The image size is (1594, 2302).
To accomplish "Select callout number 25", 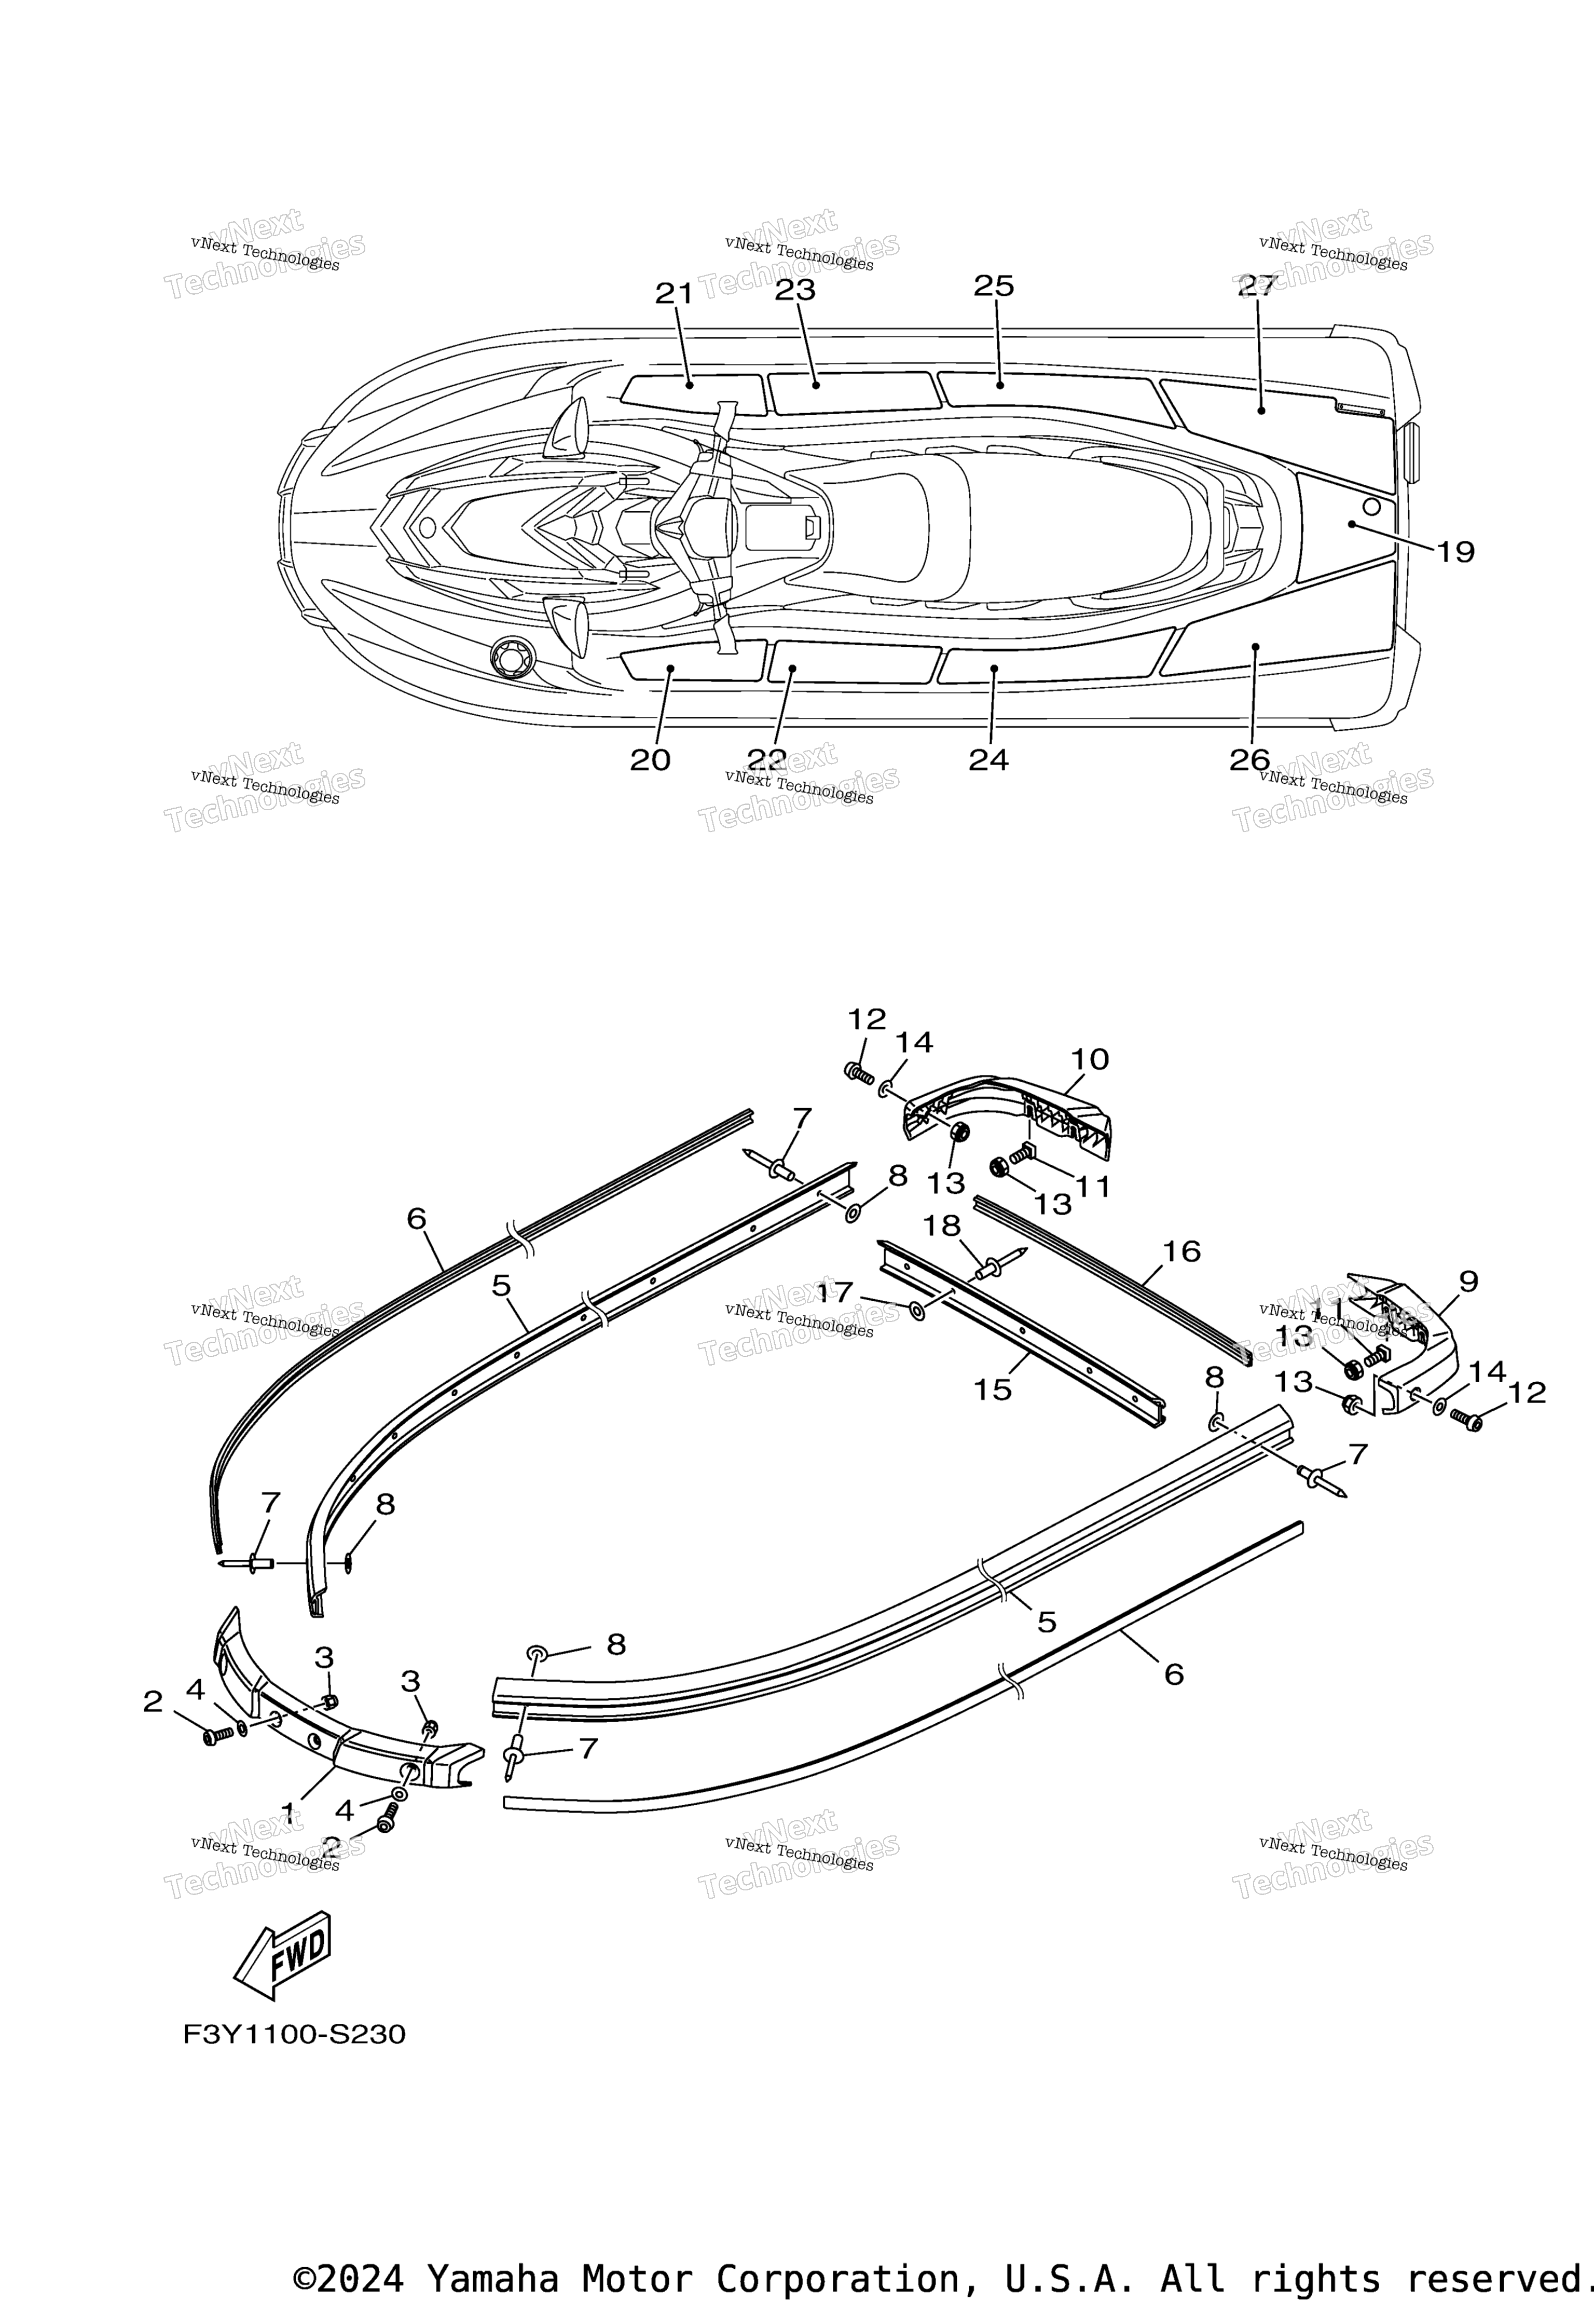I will [x=994, y=286].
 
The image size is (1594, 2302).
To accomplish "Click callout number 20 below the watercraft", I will [x=650, y=760].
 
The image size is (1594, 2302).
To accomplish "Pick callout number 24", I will [x=989, y=760].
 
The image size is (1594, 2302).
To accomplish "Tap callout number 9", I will [x=1468, y=1281].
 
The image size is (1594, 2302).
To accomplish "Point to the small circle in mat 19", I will [x=1371, y=507].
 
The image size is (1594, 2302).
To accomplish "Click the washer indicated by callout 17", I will [x=917, y=1311].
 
